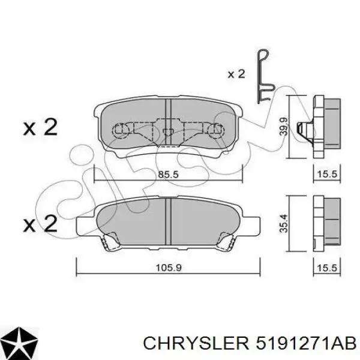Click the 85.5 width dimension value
[168, 175]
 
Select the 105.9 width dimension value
[169, 268]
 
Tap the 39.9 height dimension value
[284, 127]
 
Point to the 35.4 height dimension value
[284, 223]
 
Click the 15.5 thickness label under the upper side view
[327, 174]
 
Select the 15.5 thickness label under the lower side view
[327, 268]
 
